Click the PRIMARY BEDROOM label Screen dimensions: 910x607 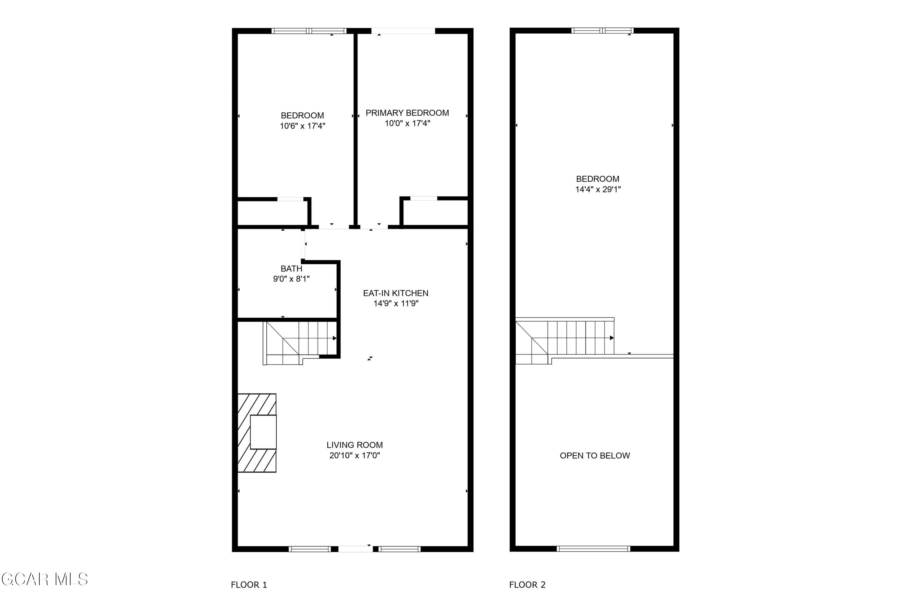tap(407, 113)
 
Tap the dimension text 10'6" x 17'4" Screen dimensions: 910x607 tap(302, 126)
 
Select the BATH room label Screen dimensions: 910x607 tap(291, 269)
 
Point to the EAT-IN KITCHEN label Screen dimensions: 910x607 tap(396, 293)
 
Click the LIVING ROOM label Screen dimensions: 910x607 tap(354, 445)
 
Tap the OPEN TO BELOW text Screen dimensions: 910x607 tap(595, 456)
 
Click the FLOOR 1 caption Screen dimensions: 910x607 tap(249, 585)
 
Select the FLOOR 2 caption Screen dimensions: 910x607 tap(527, 585)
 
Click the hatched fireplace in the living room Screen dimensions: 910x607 tap(257, 433)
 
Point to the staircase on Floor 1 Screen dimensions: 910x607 tap(300, 343)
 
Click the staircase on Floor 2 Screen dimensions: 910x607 tap(565, 341)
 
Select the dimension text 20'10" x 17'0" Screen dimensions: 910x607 tap(354, 456)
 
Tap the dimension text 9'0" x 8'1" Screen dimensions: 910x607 tap(291, 279)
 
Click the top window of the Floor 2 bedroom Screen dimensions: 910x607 tap(602, 31)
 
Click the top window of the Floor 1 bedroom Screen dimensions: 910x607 tap(309, 31)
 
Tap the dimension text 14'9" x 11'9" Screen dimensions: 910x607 tap(396, 303)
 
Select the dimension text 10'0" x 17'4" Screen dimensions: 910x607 tap(407, 124)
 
